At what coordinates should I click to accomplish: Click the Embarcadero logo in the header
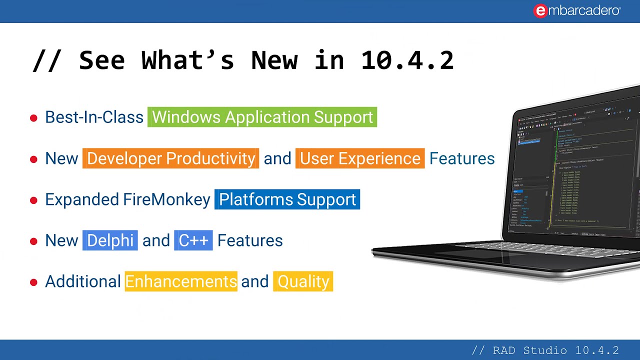click(x=577, y=11)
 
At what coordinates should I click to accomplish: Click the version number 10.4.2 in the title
click(x=407, y=60)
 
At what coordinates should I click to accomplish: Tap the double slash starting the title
click(x=47, y=60)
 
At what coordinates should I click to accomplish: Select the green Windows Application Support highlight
click(x=262, y=117)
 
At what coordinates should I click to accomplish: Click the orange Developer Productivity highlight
click(x=170, y=158)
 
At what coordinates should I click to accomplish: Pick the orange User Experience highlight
click(x=360, y=158)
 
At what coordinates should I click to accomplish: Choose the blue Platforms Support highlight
click(x=287, y=199)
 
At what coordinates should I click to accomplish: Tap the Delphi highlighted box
click(x=110, y=240)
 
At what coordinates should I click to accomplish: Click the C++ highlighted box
click(x=193, y=240)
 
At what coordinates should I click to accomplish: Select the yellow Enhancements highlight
click(x=181, y=281)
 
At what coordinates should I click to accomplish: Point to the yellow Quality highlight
click(x=303, y=281)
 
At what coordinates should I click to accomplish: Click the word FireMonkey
click(x=166, y=199)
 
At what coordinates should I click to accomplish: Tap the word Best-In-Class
click(x=94, y=117)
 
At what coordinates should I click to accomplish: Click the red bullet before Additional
click(x=33, y=282)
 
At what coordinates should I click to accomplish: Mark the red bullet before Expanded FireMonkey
click(x=33, y=200)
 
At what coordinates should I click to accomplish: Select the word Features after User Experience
click(x=461, y=158)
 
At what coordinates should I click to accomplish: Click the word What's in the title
click(x=187, y=60)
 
